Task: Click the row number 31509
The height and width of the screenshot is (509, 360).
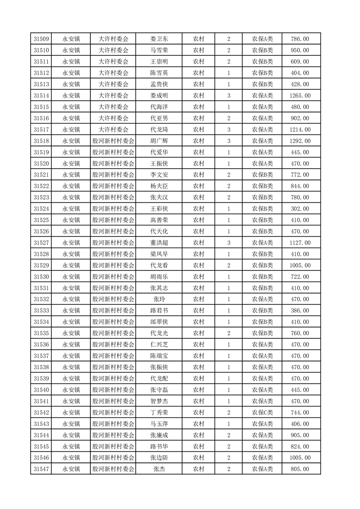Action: pyautogui.click(x=41, y=39)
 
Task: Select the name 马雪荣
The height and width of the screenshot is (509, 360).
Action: pyautogui.click(x=159, y=50)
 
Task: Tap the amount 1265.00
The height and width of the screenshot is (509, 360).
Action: pyautogui.click(x=300, y=96)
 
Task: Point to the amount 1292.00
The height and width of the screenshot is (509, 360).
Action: pyautogui.click(x=300, y=141)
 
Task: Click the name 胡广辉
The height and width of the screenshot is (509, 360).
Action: pyautogui.click(x=159, y=141)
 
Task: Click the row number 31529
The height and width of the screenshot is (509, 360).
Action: pyautogui.click(x=41, y=265)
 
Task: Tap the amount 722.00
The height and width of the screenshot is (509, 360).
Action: pyautogui.click(x=300, y=277)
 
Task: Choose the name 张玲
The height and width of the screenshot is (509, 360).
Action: pyautogui.click(x=159, y=299)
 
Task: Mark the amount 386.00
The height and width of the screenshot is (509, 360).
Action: pyautogui.click(x=300, y=311)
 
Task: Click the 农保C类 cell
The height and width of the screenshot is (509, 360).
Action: pyautogui.click(x=262, y=412)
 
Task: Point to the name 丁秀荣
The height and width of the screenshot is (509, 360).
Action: pyautogui.click(x=159, y=412)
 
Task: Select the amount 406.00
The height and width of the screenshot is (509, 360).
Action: pyautogui.click(x=300, y=424)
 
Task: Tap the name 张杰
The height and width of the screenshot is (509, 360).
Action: pyautogui.click(x=159, y=469)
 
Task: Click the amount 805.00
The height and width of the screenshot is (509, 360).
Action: pyautogui.click(x=300, y=469)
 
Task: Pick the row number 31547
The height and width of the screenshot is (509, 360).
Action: pyautogui.click(x=41, y=469)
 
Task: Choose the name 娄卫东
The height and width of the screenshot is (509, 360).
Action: pyautogui.click(x=159, y=39)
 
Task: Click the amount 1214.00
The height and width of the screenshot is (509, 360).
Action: pyautogui.click(x=300, y=130)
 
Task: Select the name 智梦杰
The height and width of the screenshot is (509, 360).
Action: pyautogui.click(x=159, y=401)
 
